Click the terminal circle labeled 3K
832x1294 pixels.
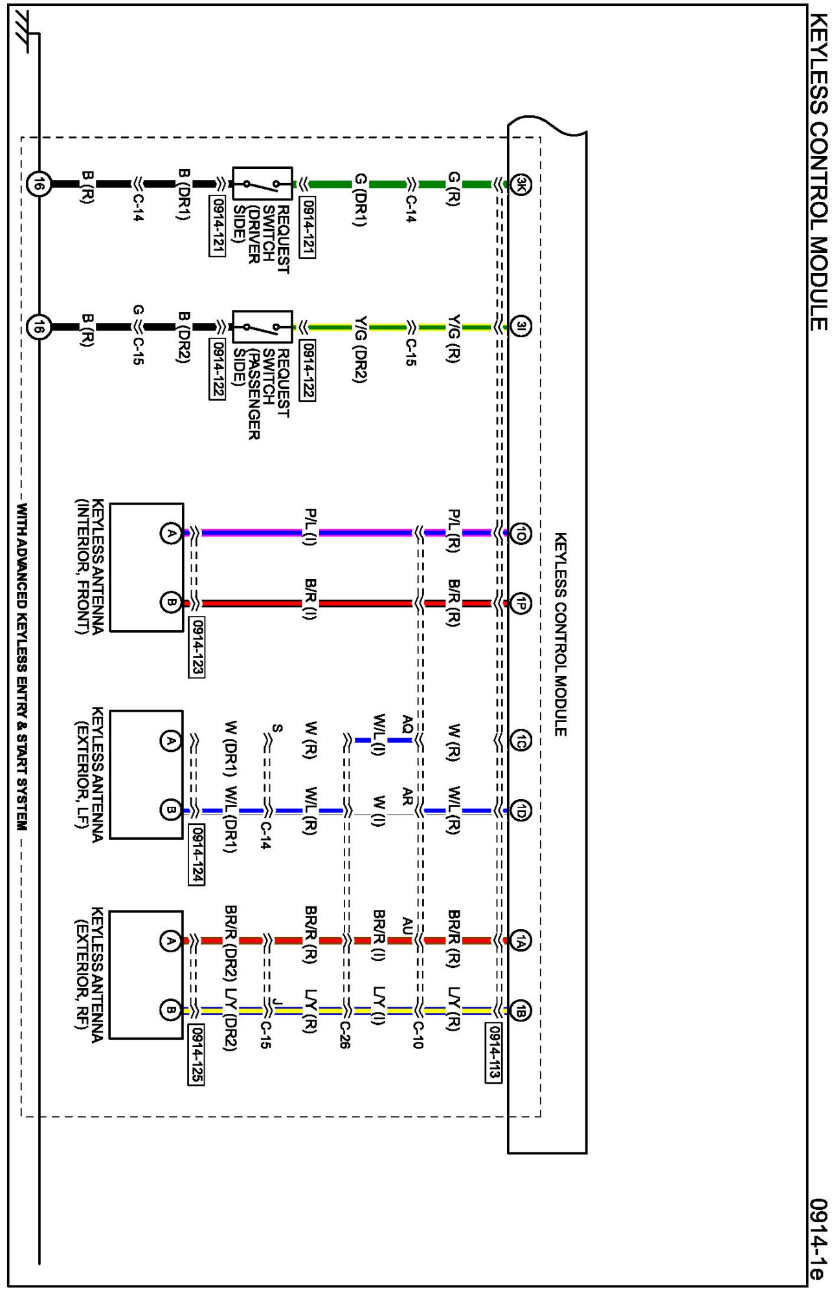click(521, 185)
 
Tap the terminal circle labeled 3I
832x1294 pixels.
click(521, 326)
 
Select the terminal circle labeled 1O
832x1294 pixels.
click(521, 533)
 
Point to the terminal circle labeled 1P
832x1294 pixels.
click(521, 603)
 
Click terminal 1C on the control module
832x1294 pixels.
click(521, 741)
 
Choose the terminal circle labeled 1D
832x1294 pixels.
click(521, 810)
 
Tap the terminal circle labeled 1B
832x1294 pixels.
click(521, 1011)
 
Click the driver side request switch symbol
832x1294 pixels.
click(262, 184)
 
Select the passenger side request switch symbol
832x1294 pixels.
click(262, 327)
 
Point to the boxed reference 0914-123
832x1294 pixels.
click(197, 647)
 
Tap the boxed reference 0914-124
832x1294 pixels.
click(197, 854)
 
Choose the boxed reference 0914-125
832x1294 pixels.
click(197, 1055)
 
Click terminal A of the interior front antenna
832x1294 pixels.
click(170, 533)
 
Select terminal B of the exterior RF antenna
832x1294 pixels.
click(170, 1010)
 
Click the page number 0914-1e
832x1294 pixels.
click(818, 1239)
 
